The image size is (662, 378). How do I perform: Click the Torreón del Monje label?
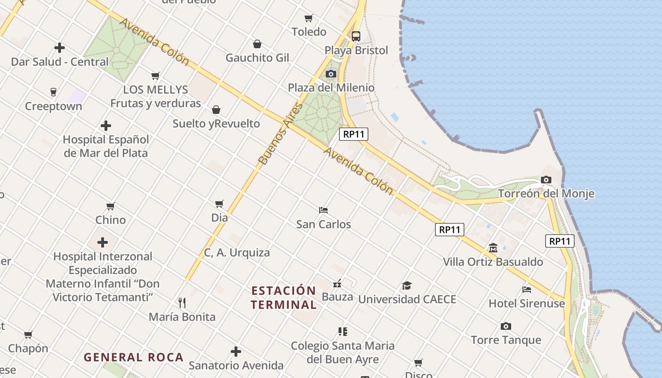[546, 194]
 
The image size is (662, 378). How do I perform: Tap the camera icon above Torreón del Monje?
[546, 180]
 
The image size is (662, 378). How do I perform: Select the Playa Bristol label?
[356, 50]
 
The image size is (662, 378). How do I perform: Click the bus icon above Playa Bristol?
[356, 36]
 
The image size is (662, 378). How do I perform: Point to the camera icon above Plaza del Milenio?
[331, 74]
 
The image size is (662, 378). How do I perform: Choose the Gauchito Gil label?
[257, 58]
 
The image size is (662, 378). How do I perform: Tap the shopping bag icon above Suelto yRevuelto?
[216, 110]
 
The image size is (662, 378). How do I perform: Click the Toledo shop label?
[309, 32]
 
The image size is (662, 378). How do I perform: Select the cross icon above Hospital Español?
[106, 126]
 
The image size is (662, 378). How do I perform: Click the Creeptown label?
[53, 106]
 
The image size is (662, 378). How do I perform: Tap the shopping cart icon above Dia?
[219, 204]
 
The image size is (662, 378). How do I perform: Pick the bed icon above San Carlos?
[323, 210]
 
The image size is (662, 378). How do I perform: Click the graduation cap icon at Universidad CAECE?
[407, 285]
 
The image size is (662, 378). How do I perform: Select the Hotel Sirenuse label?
[527, 303]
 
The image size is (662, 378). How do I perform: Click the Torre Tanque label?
[506, 340]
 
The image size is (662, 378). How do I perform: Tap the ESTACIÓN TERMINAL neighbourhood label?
[284, 298]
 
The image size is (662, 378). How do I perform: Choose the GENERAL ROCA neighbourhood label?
[134, 357]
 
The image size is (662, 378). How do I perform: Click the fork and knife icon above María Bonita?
[182, 302]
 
